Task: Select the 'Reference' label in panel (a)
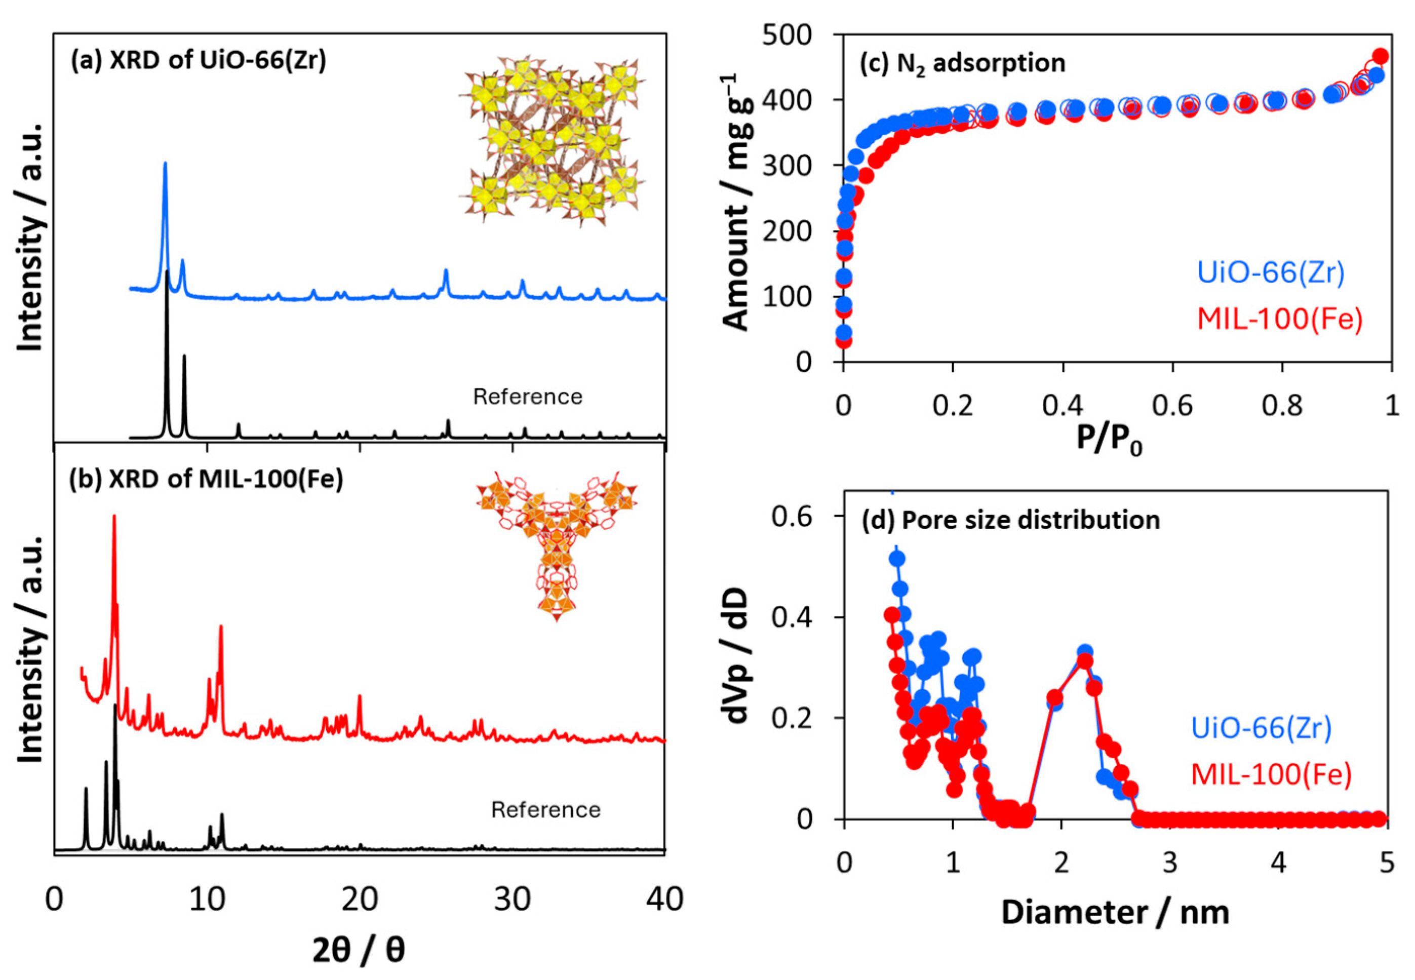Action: [527, 397]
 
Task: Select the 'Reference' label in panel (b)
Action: [545, 810]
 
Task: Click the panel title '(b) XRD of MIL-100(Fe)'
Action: [206, 480]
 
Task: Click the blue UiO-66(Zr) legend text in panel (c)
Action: [1271, 272]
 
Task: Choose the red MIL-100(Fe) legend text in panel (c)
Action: [1280, 319]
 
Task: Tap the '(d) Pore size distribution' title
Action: [1010, 520]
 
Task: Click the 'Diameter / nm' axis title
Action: [1115, 913]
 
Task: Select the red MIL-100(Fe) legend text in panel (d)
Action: [1271, 774]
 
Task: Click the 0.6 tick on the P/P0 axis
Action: [1172, 406]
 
